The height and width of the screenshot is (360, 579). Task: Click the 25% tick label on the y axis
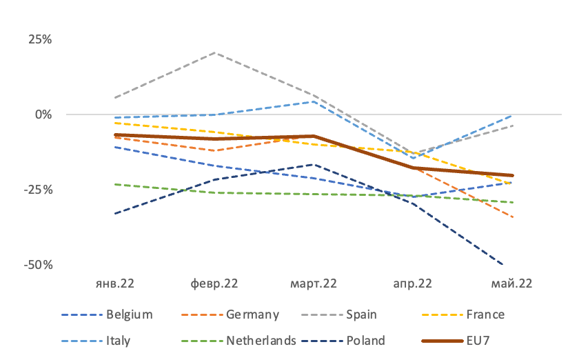click(40, 39)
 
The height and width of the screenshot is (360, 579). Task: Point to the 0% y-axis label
click(43, 114)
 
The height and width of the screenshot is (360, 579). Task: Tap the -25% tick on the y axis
click(39, 190)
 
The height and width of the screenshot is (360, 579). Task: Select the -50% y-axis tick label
click(39, 265)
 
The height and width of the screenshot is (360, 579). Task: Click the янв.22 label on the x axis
click(115, 283)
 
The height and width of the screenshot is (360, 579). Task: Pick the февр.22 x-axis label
click(214, 283)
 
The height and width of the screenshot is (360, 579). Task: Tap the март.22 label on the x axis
click(314, 283)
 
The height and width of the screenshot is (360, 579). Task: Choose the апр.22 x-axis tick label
click(412, 283)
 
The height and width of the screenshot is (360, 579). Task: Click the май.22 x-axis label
click(511, 283)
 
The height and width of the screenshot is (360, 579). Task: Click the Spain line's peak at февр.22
click(214, 53)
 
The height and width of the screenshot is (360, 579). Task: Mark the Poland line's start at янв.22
click(115, 214)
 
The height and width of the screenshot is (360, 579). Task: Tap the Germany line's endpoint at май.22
click(513, 217)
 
